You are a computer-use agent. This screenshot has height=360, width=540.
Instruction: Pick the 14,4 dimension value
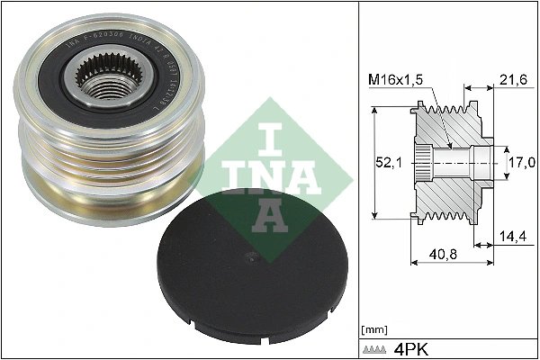point(512,238)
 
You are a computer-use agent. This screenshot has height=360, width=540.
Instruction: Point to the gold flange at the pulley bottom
point(108,202)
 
